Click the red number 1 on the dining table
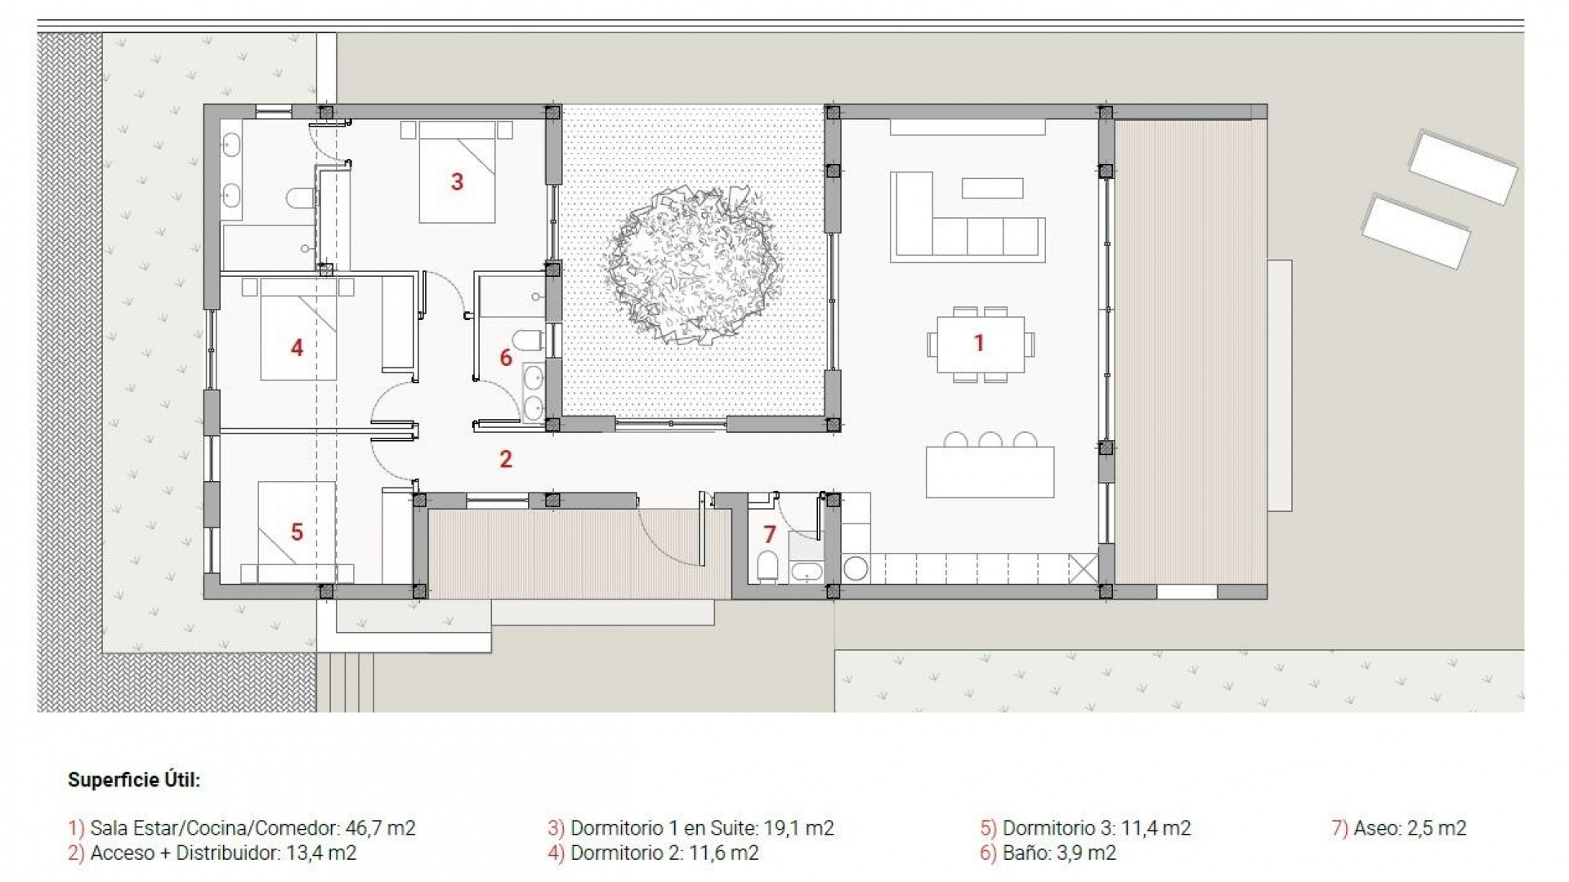click(x=978, y=343)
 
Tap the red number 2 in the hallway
click(x=506, y=459)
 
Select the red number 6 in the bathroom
click(x=506, y=357)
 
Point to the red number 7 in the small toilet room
click(x=769, y=534)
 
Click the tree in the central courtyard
click(x=693, y=263)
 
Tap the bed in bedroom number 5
click(x=297, y=531)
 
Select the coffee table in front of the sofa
click(x=992, y=188)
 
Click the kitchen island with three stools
click(x=990, y=472)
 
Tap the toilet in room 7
click(x=767, y=565)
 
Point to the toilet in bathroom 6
click(x=529, y=338)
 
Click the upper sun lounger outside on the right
click(x=1462, y=167)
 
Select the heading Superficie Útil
click(x=134, y=780)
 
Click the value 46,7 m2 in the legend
click(x=380, y=828)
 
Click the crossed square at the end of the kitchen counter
click(x=1083, y=568)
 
